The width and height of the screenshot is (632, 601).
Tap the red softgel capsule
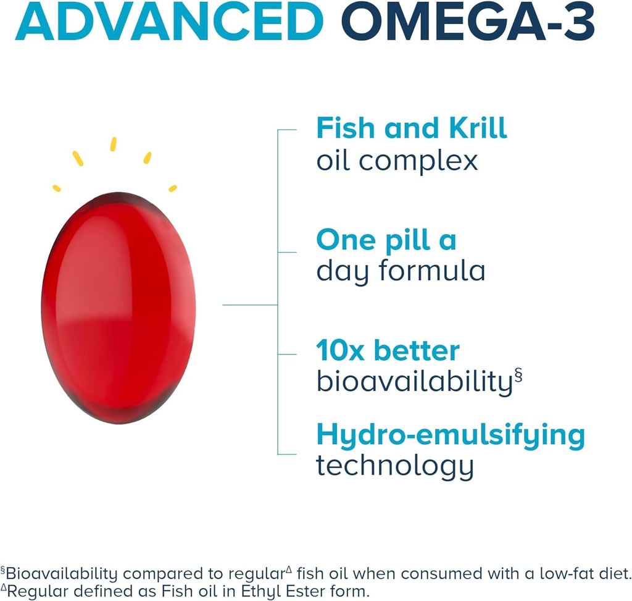118,307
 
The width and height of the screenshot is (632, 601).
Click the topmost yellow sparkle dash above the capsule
113,144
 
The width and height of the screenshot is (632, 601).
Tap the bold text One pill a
386,240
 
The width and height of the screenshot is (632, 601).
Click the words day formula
400,271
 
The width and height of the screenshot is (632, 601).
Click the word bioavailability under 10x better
414,382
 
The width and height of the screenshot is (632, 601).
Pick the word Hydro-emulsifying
450,435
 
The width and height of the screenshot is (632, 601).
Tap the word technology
395,466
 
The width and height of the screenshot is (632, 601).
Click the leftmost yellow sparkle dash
56,187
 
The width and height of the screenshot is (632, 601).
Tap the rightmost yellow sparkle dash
173,187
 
